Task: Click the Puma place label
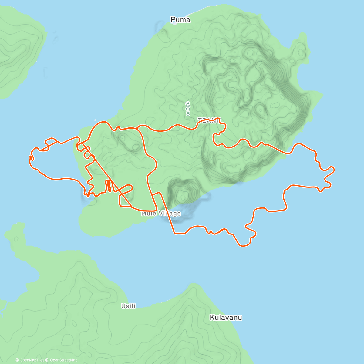coord(180,20)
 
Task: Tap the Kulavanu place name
coord(226,318)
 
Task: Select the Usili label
coord(128,306)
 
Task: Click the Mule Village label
coord(161,214)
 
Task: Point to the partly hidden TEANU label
coord(209,120)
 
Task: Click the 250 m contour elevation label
coord(188,108)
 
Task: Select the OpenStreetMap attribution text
coord(63,360)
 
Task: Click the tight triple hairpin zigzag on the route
coord(109,186)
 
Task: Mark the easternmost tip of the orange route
coord(334,169)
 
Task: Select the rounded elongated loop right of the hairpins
coord(126,190)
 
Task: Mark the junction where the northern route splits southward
coord(138,129)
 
